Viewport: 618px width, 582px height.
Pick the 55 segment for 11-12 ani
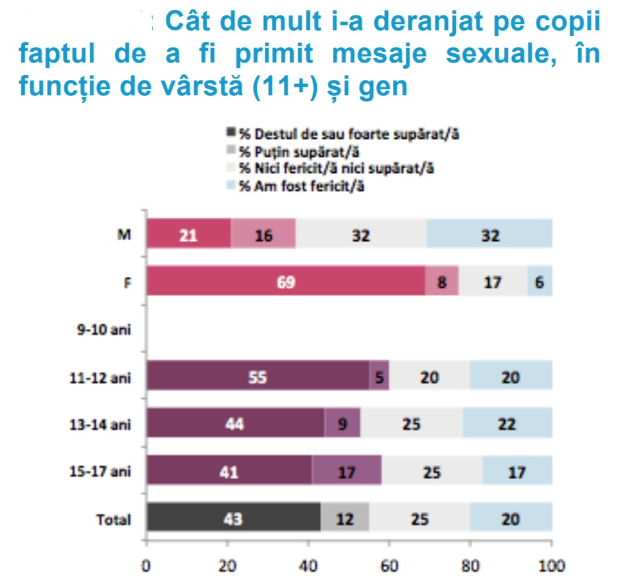tap(257, 377)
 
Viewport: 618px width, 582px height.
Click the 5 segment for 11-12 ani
tap(379, 377)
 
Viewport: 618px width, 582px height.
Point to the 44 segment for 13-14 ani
tap(236, 424)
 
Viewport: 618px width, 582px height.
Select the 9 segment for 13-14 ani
tap(343, 424)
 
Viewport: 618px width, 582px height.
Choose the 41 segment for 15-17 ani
tap(230, 471)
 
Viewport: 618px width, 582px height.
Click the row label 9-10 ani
tap(100, 330)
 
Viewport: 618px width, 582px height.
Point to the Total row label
tap(114, 519)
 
